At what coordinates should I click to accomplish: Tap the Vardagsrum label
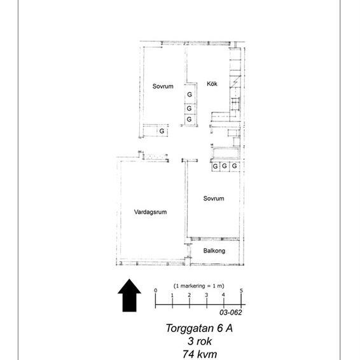coord(150,212)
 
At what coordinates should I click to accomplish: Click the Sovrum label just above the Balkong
coord(214,198)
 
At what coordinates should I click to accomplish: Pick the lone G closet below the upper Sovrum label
coord(162,131)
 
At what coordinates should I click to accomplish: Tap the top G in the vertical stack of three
coord(189,95)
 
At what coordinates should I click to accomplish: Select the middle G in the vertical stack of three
coord(189,108)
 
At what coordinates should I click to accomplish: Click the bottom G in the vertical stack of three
coord(189,120)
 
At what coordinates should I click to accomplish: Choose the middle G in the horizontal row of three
coord(225,167)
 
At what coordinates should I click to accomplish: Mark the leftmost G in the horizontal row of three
coord(216,167)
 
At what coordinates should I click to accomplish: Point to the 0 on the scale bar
coord(155,291)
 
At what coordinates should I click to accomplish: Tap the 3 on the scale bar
coord(207,296)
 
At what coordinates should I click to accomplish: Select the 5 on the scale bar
coord(242,291)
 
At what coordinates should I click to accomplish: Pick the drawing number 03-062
coord(232,312)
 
